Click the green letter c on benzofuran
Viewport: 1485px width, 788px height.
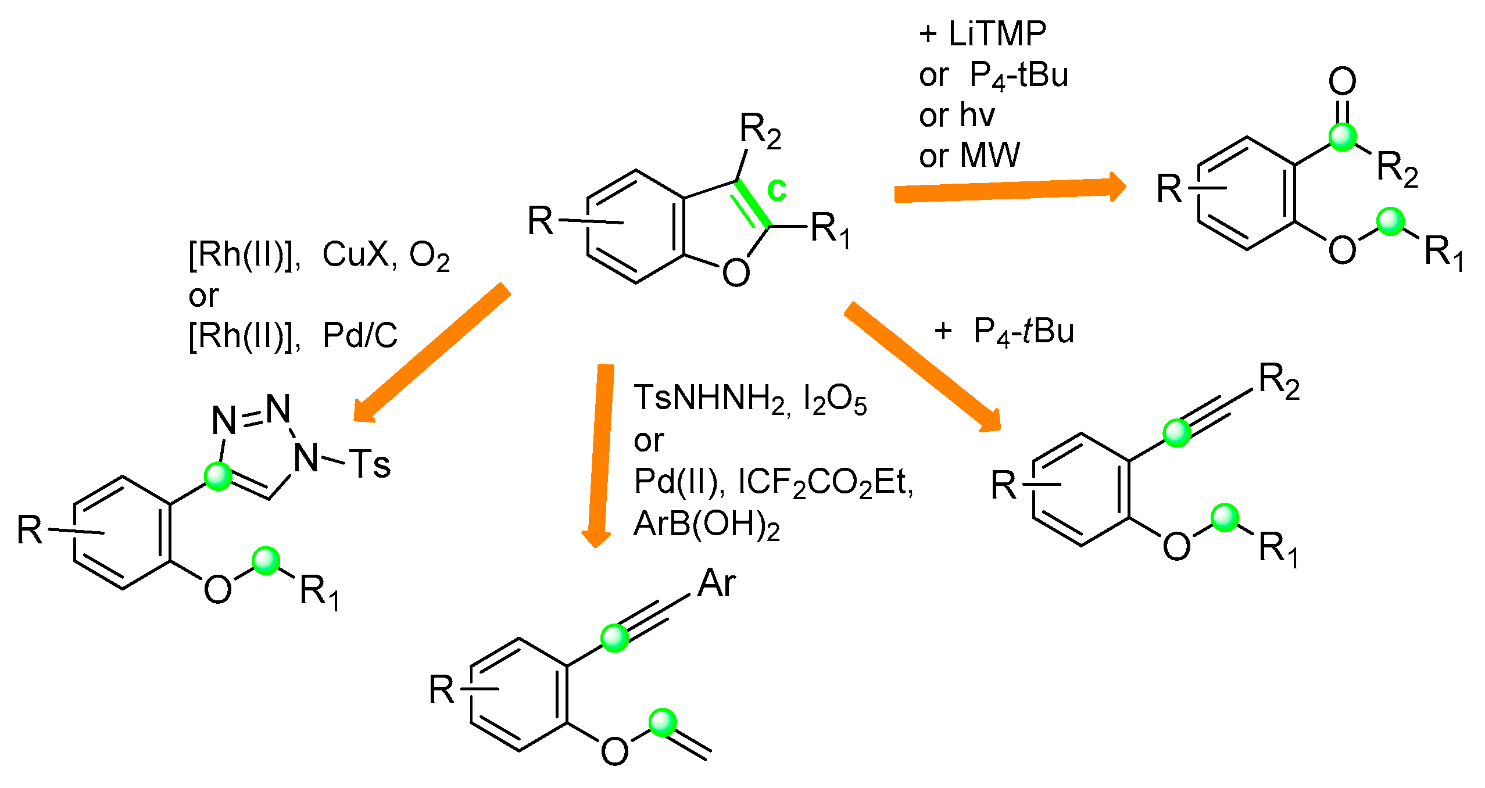pyautogui.click(x=777, y=190)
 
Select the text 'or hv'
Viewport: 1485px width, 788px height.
pyautogui.click(x=957, y=115)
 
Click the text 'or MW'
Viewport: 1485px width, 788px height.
pyautogui.click(x=969, y=155)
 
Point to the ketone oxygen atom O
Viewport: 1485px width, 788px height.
pyautogui.click(x=1342, y=81)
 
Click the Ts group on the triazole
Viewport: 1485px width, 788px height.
pyautogui.click(x=370, y=464)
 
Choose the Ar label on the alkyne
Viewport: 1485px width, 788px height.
pyautogui.click(x=717, y=583)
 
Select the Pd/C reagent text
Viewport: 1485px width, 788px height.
pyautogui.click(x=360, y=335)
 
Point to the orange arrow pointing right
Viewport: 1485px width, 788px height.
pyautogui.click(x=1009, y=189)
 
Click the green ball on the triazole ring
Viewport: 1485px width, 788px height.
pyautogui.click(x=219, y=476)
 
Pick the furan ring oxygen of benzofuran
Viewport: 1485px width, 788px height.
pyautogui.click(x=736, y=273)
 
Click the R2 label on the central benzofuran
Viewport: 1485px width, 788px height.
pyautogui.click(x=760, y=130)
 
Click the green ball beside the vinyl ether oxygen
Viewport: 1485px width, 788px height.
pyautogui.click(x=663, y=722)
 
